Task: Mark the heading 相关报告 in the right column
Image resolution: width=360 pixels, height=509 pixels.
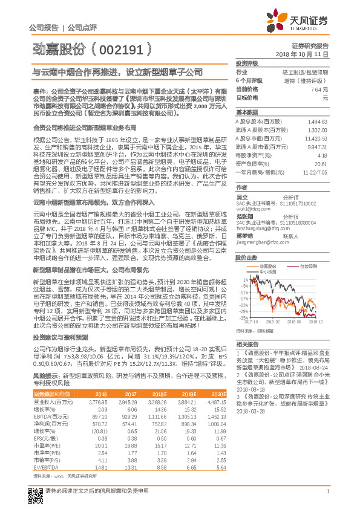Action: (245, 343)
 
